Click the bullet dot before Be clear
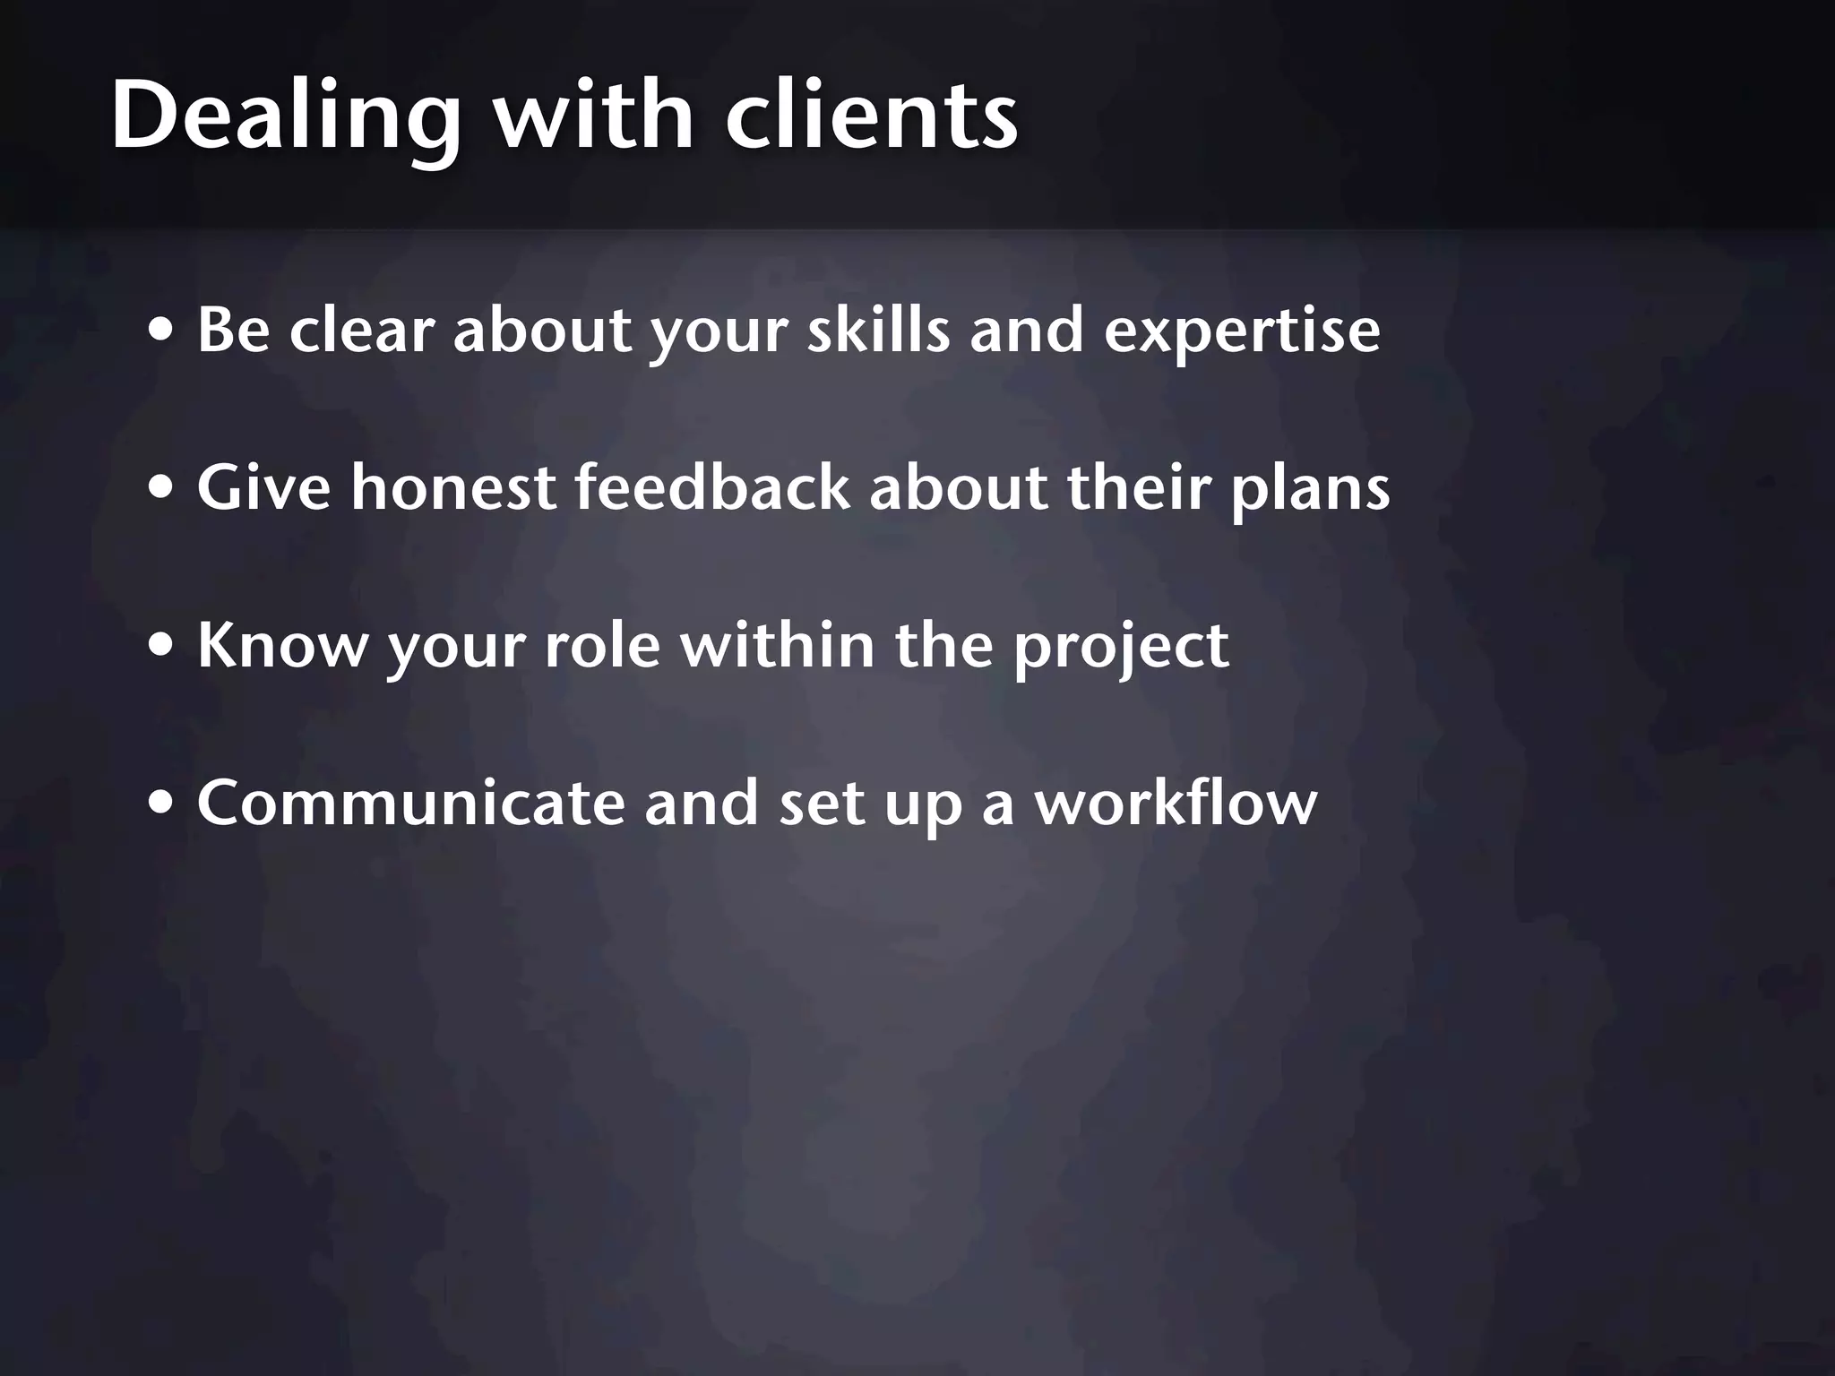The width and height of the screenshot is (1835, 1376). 162,331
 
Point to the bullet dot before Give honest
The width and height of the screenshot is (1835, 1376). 162,488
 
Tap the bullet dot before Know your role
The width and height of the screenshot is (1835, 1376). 162,645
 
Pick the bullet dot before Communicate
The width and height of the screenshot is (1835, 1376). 162,803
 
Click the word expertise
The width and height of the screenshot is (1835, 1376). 1242,331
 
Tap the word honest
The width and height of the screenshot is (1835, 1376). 453,488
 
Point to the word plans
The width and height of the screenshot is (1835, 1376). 1310,489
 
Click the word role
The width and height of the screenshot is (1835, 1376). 603,645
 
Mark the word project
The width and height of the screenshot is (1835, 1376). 1121,647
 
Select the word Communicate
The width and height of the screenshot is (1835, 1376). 410,803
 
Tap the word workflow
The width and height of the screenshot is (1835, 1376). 1176,803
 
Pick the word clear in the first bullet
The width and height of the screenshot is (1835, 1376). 361,331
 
